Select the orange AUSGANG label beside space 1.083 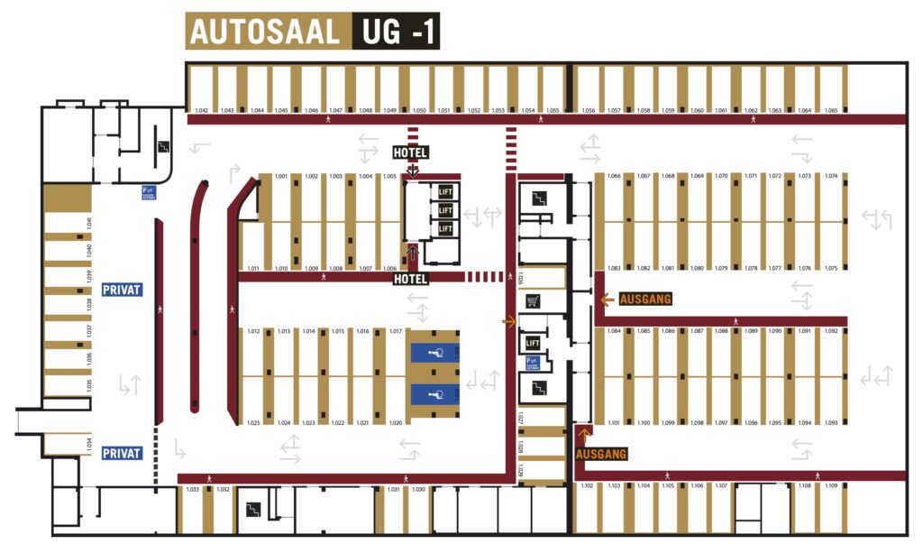[x=645, y=299]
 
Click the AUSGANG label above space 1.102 [x=600, y=454]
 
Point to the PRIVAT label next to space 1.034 [x=122, y=453]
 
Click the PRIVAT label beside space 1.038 [x=122, y=290]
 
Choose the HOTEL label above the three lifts [x=409, y=152]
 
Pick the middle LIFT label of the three [x=444, y=210]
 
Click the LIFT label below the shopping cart [x=532, y=343]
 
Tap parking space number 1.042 [x=202, y=110]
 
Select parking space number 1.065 [x=830, y=110]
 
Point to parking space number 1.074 [x=830, y=176]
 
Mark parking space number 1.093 [x=830, y=422]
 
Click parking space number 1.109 [x=830, y=487]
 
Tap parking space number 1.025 [x=253, y=422]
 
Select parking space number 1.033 [x=192, y=490]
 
